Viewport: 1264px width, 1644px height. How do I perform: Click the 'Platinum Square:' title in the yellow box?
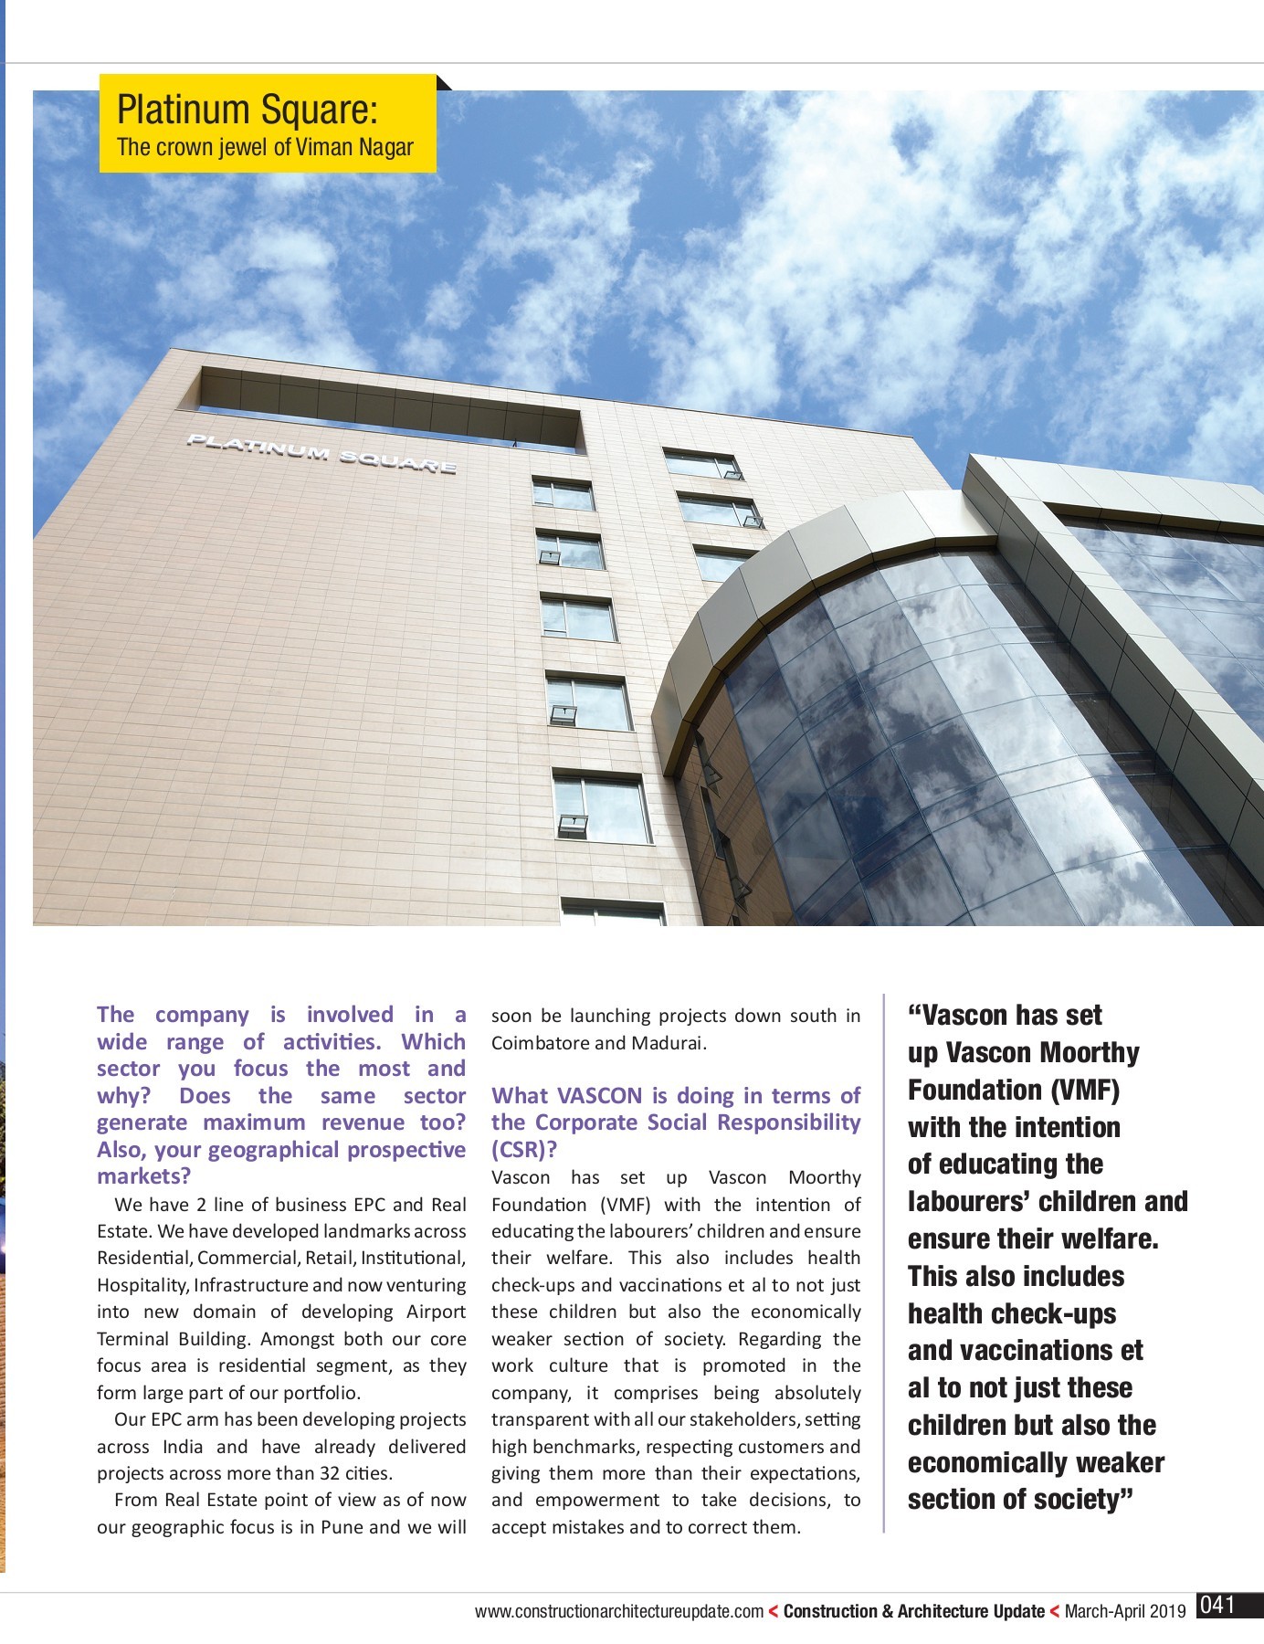click(247, 110)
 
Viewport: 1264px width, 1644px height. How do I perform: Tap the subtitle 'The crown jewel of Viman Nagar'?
click(265, 147)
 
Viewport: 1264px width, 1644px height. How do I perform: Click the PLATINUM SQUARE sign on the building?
click(321, 454)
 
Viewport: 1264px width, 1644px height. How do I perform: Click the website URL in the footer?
click(618, 1612)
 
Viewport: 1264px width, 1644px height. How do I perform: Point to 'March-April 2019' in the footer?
click(1125, 1612)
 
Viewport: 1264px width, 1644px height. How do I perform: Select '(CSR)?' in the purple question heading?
click(524, 1149)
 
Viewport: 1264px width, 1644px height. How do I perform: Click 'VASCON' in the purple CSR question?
click(599, 1095)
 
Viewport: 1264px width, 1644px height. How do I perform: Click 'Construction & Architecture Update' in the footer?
click(913, 1612)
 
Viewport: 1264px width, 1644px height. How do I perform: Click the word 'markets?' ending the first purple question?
click(142, 1176)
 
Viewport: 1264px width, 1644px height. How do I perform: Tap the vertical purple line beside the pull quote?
click(884, 1260)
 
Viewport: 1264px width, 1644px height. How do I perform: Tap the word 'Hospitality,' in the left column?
click(142, 1285)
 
